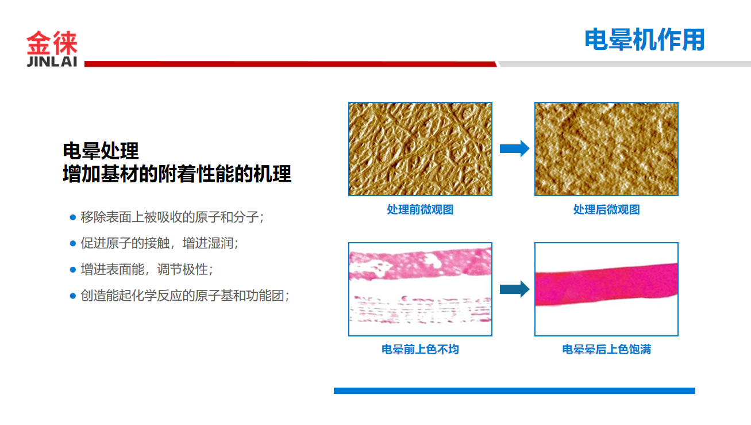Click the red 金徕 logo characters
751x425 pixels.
[x=52, y=43]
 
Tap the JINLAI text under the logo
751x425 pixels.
[x=52, y=62]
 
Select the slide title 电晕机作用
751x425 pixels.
[x=644, y=40]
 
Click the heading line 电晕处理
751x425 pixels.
[x=101, y=151]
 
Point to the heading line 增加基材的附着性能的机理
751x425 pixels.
[x=177, y=174]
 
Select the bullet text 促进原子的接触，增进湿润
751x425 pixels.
[x=159, y=243]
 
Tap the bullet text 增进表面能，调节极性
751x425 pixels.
[x=147, y=269]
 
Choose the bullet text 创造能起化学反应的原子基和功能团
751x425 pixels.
[x=184, y=296]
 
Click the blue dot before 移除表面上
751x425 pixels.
[x=73, y=217]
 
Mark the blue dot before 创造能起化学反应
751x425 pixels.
[x=73, y=296]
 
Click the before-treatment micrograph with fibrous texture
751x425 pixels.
[x=420, y=149]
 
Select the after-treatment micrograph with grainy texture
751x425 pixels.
[x=606, y=149]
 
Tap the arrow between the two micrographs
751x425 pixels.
[x=514, y=148]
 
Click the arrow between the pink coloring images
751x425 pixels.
[x=514, y=289]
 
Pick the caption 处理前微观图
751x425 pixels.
[x=420, y=210]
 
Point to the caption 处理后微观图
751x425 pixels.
[x=606, y=210]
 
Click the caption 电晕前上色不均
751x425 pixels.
[x=420, y=350]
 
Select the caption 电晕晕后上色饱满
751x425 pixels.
[x=606, y=350]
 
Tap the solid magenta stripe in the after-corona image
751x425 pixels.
[x=606, y=285]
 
